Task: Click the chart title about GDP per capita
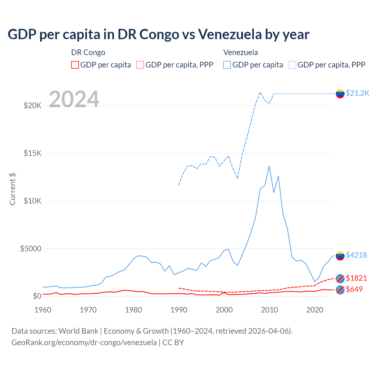pos(158,34)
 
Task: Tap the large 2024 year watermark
pos(74,99)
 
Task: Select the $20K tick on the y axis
pos(32,105)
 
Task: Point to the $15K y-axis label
pos(32,153)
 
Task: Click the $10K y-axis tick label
pos(32,201)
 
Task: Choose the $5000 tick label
pos(31,249)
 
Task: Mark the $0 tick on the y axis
pos(37,296)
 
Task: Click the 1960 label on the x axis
pos(43,310)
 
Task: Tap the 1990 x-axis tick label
pos(179,310)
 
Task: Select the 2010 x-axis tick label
pos(270,310)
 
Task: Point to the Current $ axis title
pos(12,189)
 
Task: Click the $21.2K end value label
pos(357,93)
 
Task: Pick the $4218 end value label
pos(356,255)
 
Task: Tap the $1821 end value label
pos(356,278)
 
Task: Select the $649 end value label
pos(354,289)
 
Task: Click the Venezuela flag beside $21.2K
pos(340,94)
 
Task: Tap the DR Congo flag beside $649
pos(340,290)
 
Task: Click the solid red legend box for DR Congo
pos(75,65)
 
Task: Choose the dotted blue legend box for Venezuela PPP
pos(292,65)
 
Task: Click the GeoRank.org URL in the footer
pos(84,343)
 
